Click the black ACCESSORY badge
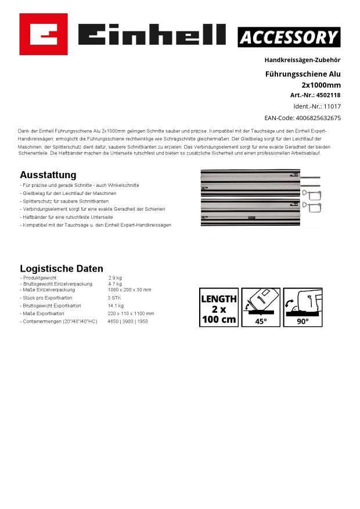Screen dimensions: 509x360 (x=289, y=38)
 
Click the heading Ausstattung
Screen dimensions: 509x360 (x=48, y=175)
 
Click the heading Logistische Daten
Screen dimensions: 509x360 (x=62, y=269)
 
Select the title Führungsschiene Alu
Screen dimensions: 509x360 (x=303, y=74)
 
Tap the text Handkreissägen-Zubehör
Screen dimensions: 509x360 (x=303, y=60)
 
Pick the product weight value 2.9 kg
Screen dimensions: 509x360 (x=115, y=278)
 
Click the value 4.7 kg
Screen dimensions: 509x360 (x=115, y=284)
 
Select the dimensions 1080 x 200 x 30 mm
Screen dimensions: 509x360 (x=129, y=290)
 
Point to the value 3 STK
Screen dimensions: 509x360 (x=114, y=298)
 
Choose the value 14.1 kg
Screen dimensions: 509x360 (x=116, y=305)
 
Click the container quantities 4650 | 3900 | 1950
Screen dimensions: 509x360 (x=128, y=321)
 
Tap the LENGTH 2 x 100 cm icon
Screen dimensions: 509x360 (x=219, y=308)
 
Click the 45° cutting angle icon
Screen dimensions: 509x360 (x=261, y=308)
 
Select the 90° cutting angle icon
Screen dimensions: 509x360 (x=303, y=308)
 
